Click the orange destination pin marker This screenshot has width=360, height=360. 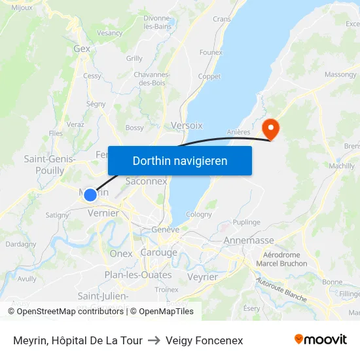coord(270,128)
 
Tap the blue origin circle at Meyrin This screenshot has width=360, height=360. coord(90,194)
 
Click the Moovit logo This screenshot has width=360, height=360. coord(320,340)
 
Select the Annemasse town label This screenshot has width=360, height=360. coord(249,240)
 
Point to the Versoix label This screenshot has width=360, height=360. coord(187,124)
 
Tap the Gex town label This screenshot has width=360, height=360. coord(82,48)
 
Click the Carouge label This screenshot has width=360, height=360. coord(159,253)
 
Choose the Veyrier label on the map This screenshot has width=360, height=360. coord(202,277)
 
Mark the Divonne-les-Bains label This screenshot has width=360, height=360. coord(157,22)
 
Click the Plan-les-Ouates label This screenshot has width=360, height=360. coord(138,275)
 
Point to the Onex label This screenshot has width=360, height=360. coord(121,253)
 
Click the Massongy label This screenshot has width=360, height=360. coord(340,75)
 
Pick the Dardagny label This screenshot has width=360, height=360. coord(21,244)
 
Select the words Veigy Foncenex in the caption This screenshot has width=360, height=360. coord(204,340)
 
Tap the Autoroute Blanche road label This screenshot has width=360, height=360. coord(281,289)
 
